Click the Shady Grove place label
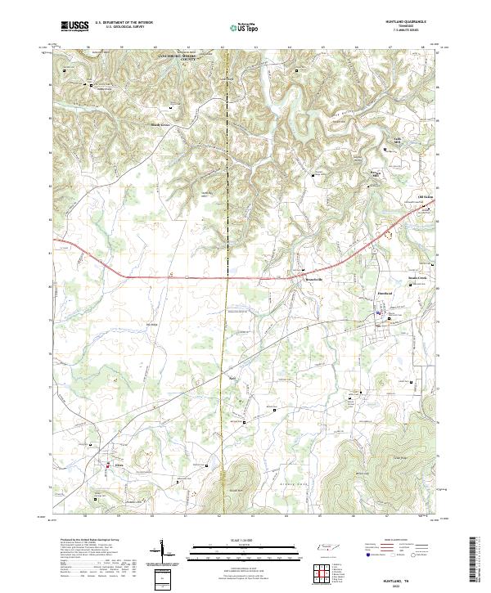[x=160, y=125]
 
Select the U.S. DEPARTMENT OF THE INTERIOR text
[x=124, y=23]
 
